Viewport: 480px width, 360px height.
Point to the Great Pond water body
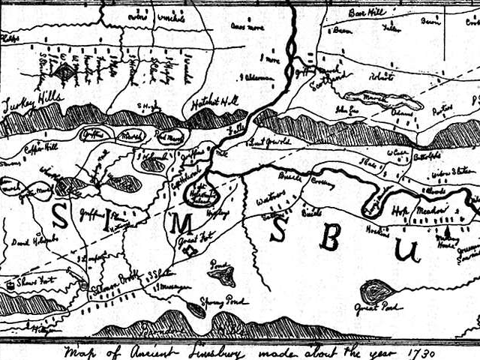pos(375,290)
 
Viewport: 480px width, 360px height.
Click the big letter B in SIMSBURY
pos(328,236)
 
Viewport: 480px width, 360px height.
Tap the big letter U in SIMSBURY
pos(409,250)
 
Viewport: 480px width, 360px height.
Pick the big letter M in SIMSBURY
pos(184,223)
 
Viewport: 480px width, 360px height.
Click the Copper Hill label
pos(40,147)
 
